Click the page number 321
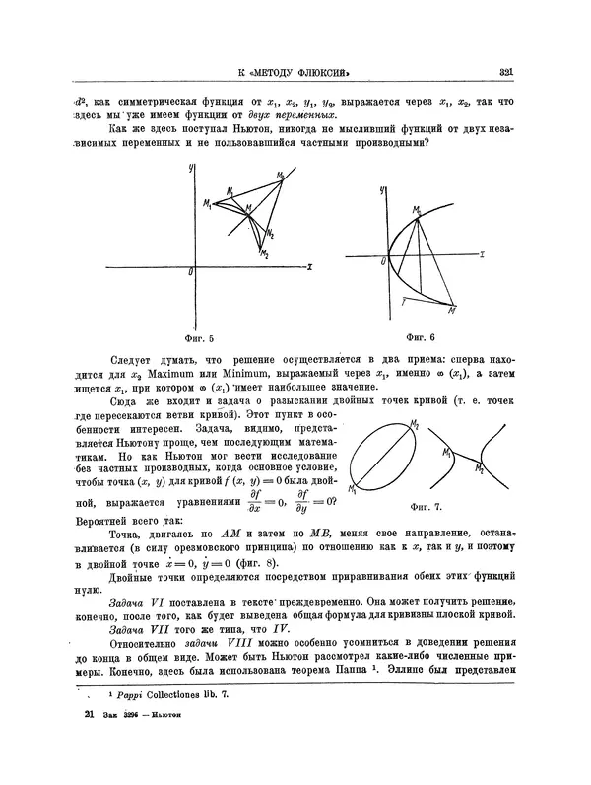click(508, 71)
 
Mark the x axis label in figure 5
click(309, 266)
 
